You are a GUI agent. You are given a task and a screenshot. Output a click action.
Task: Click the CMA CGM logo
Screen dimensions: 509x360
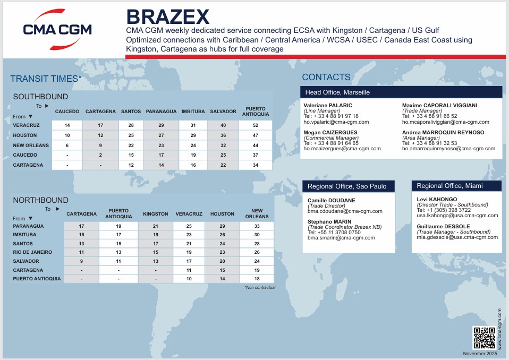[57, 30]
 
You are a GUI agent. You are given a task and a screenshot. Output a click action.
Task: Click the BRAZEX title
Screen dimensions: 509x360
[168, 17]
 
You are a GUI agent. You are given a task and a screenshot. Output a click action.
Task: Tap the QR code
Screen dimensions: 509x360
[483, 338]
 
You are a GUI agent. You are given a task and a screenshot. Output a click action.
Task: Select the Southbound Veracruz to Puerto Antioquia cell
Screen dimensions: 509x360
[256, 125]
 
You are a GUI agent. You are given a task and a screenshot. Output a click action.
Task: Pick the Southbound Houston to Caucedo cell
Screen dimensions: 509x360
[67, 135]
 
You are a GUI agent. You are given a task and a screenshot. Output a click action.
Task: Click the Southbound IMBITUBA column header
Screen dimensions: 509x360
[193, 112]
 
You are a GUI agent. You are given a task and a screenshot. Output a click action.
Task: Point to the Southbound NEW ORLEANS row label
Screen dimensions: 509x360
[31, 145]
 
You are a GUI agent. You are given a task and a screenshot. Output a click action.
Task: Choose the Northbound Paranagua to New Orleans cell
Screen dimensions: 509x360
[257, 226]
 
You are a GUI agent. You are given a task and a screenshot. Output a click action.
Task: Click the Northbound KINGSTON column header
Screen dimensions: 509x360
[156, 214]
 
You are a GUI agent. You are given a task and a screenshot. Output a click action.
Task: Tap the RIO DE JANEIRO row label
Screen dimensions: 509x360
[32, 252]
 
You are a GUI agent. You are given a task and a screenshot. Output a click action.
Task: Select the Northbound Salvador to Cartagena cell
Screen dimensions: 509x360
[81, 261]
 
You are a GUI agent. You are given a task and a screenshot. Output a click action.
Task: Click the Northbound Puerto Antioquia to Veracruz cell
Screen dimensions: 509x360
[189, 279]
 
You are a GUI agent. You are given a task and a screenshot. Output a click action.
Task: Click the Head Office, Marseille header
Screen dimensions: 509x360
[337, 92]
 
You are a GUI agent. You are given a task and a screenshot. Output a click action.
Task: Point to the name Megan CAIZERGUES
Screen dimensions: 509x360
[330, 132]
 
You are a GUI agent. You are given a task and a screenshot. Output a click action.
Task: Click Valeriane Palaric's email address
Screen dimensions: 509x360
[336, 122]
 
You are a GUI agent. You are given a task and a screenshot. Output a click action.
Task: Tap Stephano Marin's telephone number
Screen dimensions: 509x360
[334, 232]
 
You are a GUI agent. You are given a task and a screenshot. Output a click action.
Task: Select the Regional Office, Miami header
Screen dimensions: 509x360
[449, 186]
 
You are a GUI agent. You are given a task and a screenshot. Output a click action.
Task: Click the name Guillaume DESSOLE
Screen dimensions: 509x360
[443, 226]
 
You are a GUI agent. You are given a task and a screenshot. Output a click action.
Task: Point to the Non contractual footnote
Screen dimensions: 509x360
[260, 287]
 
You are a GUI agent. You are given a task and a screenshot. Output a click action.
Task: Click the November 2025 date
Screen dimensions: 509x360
[480, 354]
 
